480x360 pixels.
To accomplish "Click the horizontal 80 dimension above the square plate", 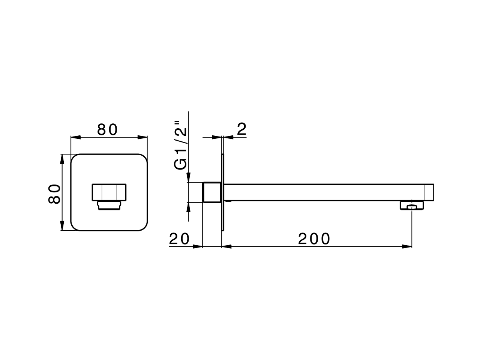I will [108, 130].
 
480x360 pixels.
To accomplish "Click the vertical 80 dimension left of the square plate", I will [54, 193].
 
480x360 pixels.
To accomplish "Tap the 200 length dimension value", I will [314, 239].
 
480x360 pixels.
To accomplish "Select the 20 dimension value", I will [179, 239].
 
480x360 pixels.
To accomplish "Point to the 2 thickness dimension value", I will [242, 129].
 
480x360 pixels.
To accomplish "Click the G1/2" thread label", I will [181, 145].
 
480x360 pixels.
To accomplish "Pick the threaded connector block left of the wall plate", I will [211, 192].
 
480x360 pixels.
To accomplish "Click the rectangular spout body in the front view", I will [109, 192].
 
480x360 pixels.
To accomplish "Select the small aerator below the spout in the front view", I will [109, 205].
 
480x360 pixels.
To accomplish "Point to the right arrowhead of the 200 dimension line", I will [406, 246].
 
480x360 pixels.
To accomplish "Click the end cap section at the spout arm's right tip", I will [429, 192].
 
